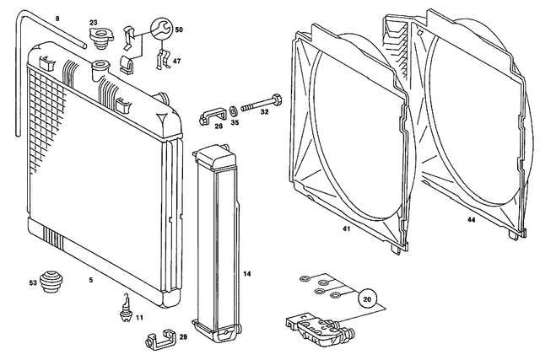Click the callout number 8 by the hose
[x=57, y=19]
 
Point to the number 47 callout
[x=176, y=62]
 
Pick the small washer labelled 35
[x=234, y=110]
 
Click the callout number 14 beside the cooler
[x=247, y=274]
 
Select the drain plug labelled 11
[x=125, y=307]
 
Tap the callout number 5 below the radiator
[x=90, y=277]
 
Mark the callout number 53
[x=34, y=282]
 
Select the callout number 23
[x=93, y=22]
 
